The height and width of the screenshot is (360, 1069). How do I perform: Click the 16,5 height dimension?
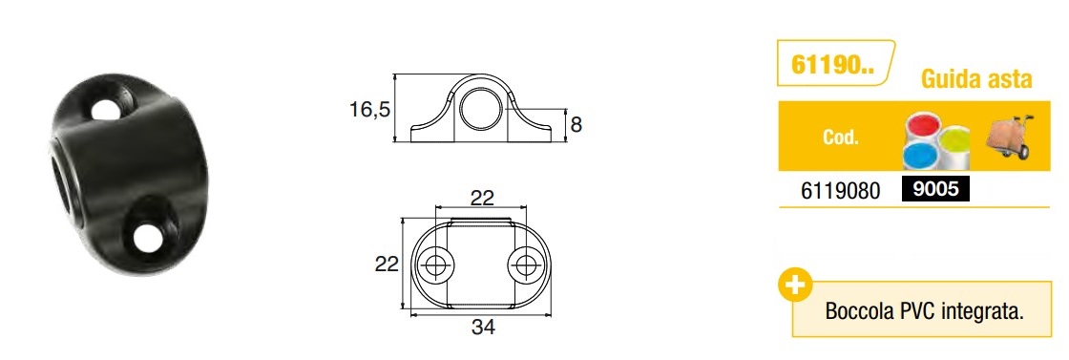(x=370, y=109)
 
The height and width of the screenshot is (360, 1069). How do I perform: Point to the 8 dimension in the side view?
(x=576, y=125)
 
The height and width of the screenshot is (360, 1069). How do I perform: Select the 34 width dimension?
(x=483, y=328)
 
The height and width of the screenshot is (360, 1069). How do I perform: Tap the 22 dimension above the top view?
(x=482, y=197)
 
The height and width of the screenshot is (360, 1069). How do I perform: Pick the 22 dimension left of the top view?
(x=387, y=264)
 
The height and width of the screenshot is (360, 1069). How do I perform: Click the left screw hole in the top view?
(x=435, y=265)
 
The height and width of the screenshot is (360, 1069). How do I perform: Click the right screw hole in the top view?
(x=526, y=265)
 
